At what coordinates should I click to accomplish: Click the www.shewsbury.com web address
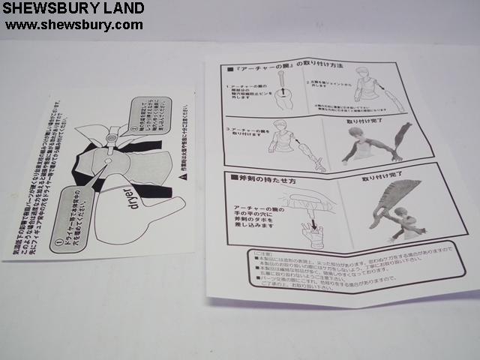click(x=73, y=25)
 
